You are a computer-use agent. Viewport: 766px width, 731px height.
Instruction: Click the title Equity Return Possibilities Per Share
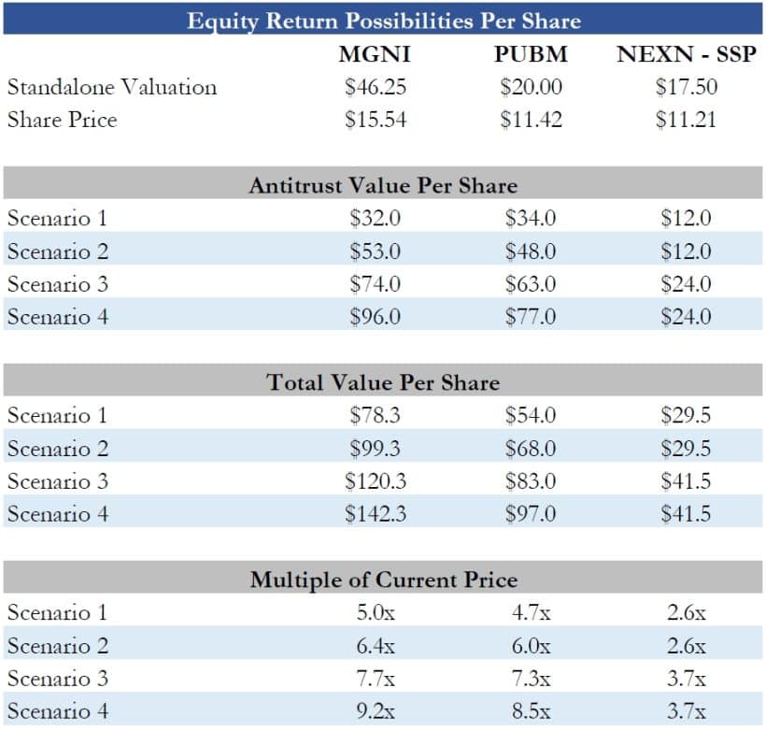[x=383, y=20]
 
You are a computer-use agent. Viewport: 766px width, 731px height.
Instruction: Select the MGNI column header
[x=375, y=54]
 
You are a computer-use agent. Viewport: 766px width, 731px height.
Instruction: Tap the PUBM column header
[x=531, y=54]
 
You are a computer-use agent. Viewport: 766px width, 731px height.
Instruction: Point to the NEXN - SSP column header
[x=686, y=54]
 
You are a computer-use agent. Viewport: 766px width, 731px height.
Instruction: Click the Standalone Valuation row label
[x=112, y=87]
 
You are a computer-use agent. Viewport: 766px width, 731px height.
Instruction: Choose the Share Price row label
[x=63, y=120]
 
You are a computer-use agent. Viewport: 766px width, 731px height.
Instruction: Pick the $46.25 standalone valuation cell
[x=375, y=87]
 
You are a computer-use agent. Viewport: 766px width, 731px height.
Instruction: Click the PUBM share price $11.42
[x=531, y=120]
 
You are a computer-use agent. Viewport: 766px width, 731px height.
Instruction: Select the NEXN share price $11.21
[x=686, y=120]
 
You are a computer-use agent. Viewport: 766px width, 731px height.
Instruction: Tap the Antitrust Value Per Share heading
[x=383, y=185]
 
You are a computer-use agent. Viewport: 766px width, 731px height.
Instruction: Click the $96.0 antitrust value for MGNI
[x=375, y=317]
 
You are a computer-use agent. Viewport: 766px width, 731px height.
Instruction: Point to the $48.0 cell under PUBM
[x=531, y=251]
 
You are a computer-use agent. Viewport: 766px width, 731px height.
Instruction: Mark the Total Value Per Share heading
[x=383, y=382]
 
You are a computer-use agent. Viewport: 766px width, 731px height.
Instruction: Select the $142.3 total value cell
[x=375, y=514]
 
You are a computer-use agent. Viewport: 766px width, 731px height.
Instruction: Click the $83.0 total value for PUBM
[x=531, y=481]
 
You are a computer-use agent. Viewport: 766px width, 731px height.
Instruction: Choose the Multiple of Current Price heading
[x=383, y=580]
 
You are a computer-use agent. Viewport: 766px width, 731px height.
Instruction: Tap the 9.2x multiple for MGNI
[x=375, y=711]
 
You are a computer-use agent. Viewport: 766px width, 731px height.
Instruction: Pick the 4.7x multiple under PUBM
[x=531, y=613]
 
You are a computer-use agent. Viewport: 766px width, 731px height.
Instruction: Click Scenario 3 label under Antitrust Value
[x=58, y=284]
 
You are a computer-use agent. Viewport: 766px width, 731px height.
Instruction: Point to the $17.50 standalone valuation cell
[x=686, y=87]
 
